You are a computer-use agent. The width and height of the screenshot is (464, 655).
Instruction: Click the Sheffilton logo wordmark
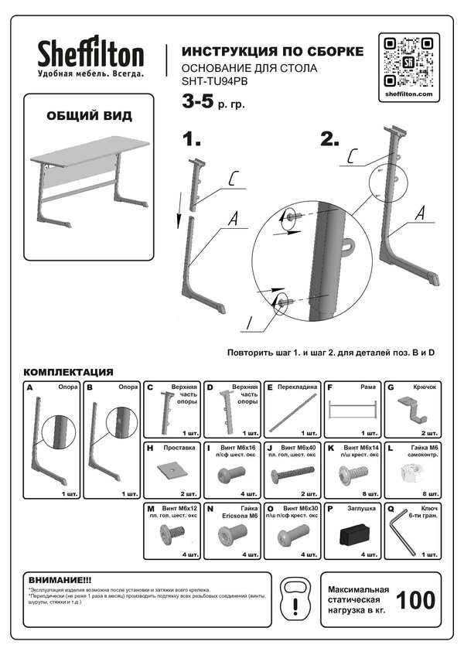(x=91, y=54)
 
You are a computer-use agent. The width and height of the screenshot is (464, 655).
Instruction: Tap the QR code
(x=407, y=61)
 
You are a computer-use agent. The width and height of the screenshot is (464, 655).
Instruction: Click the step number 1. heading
(x=192, y=140)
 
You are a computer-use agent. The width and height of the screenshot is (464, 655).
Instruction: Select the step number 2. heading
(x=330, y=140)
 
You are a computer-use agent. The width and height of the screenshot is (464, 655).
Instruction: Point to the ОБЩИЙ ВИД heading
(x=89, y=116)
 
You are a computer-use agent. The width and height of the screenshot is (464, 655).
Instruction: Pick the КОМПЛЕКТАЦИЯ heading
(x=69, y=371)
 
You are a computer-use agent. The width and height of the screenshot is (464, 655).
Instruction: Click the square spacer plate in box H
(x=170, y=469)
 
